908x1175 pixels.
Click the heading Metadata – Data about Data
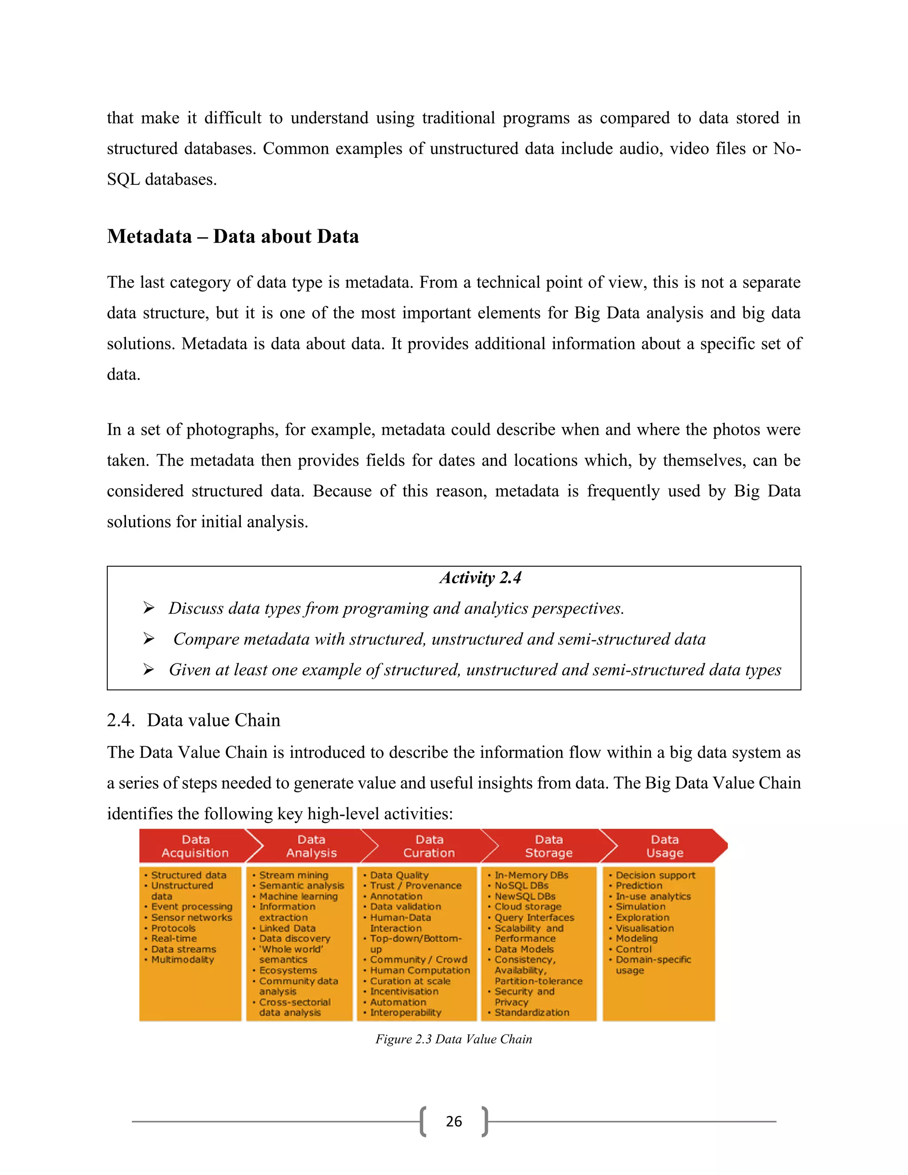(x=232, y=237)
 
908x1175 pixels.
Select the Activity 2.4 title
(x=480, y=577)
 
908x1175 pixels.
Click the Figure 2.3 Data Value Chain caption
(x=454, y=1039)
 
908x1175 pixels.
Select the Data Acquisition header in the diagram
(x=195, y=846)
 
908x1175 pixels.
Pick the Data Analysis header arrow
(x=311, y=846)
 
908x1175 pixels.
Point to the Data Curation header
(x=429, y=846)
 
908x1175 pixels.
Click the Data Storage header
(x=549, y=846)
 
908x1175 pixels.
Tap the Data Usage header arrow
(x=665, y=846)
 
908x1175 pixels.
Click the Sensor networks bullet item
(x=192, y=917)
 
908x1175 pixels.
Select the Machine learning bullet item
(x=298, y=896)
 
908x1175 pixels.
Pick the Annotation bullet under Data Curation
(x=396, y=896)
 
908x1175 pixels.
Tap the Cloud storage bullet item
(x=528, y=907)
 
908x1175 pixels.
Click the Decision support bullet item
(x=655, y=875)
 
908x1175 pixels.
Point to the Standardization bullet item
(x=532, y=1012)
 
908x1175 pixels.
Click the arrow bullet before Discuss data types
(x=149, y=608)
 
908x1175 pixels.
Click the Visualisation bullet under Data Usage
(x=644, y=928)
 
